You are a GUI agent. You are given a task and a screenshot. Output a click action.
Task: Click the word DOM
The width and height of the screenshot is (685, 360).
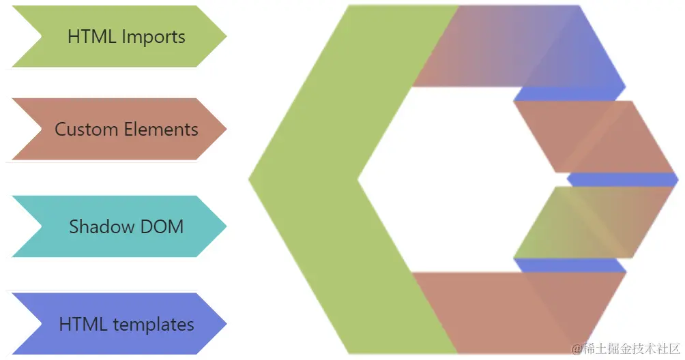click(163, 226)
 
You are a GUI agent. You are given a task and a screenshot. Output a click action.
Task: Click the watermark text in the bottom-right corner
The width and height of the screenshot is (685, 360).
click(626, 348)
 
